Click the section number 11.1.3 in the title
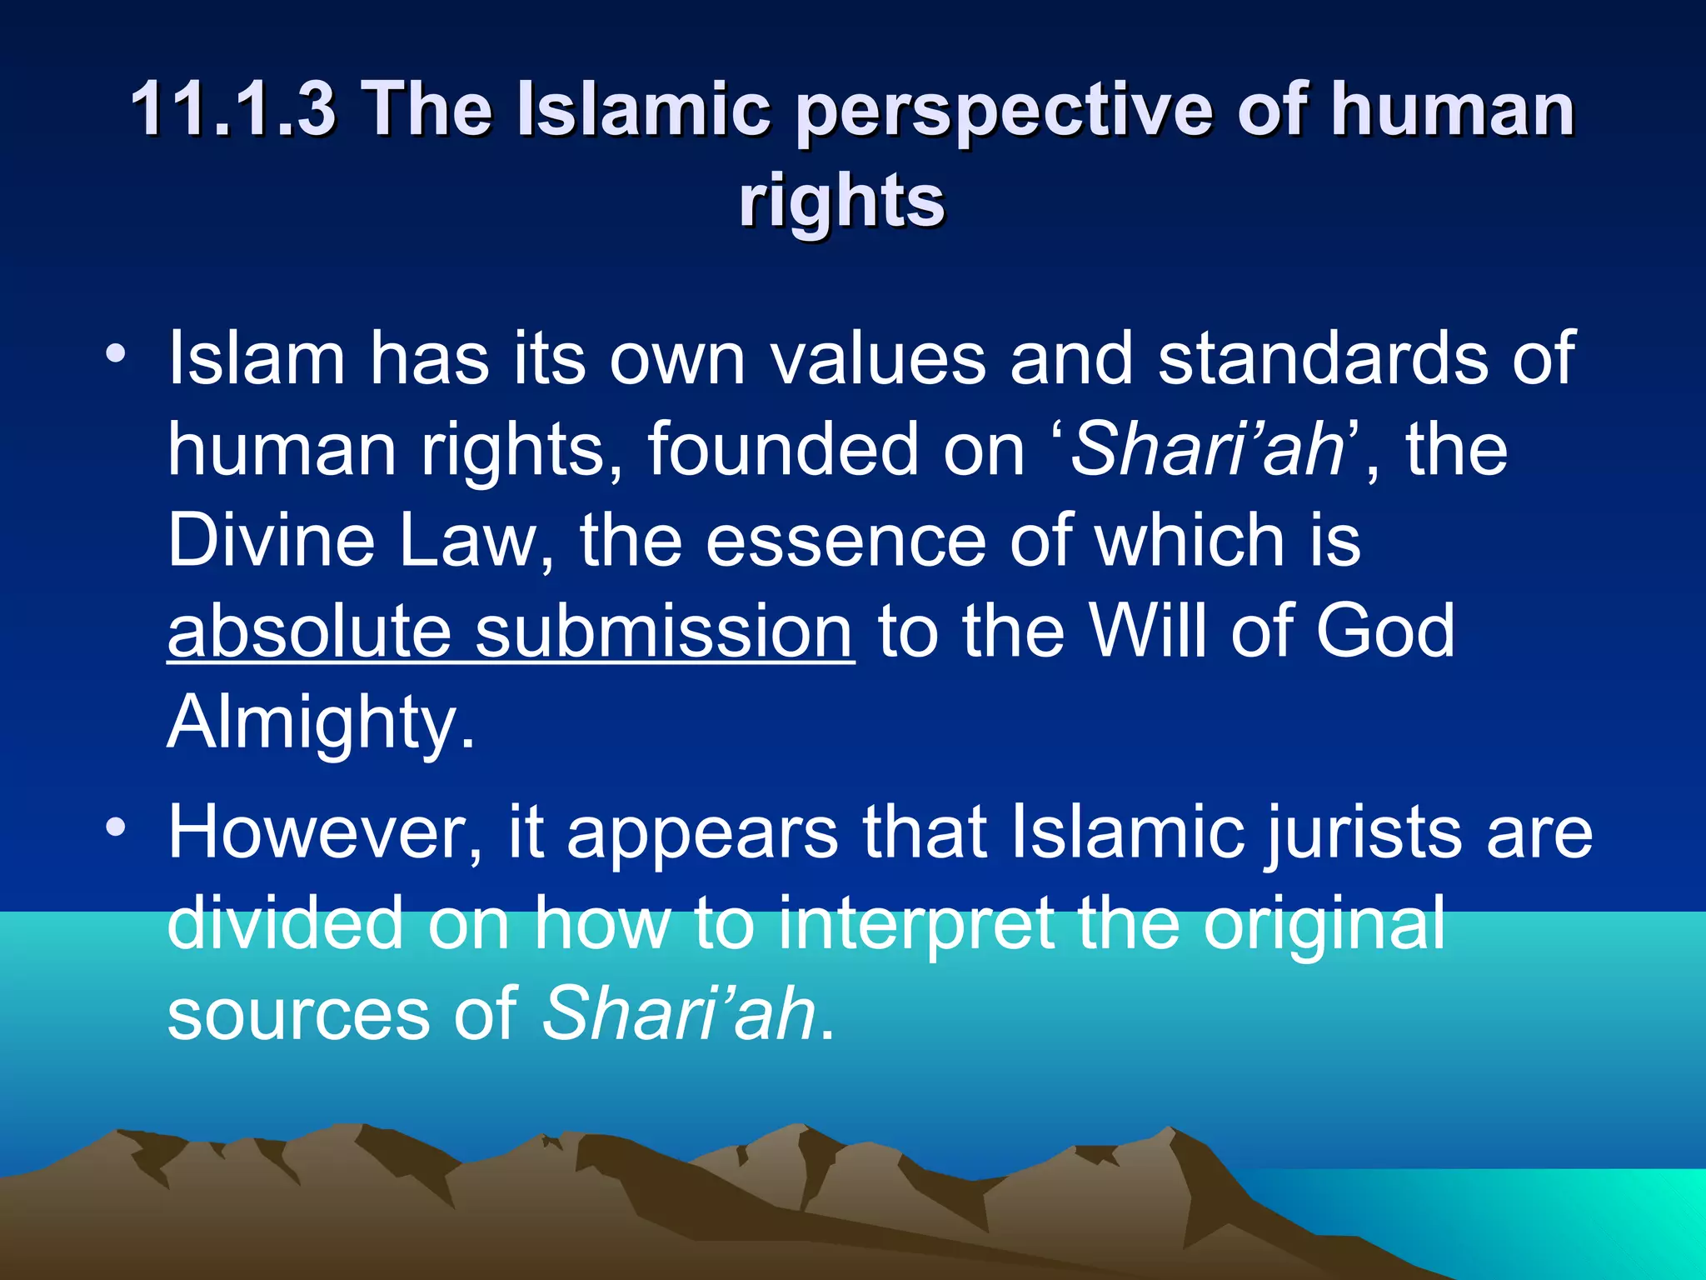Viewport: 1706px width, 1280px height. tap(233, 108)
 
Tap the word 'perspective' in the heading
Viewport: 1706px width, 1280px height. tap(1003, 110)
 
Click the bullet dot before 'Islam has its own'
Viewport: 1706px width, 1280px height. tap(117, 353)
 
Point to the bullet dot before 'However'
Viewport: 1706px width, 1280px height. tap(117, 827)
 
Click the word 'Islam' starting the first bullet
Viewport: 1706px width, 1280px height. tap(257, 358)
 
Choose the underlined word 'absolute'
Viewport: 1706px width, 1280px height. tap(310, 631)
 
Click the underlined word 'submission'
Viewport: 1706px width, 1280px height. tap(665, 631)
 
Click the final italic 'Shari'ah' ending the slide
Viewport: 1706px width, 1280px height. tap(679, 1013)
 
